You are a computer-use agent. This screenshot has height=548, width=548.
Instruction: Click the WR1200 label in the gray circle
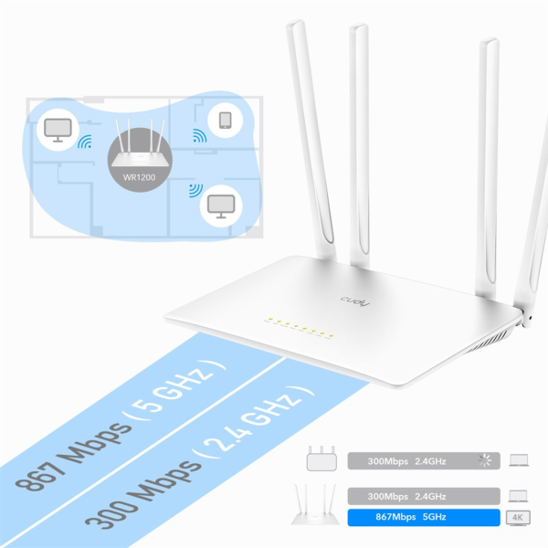point(139,177)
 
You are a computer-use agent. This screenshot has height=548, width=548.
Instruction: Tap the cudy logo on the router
point(355,301)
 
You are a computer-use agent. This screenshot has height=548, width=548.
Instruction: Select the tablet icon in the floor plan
point(225,121)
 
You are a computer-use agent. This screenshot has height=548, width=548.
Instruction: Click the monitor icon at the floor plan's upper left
point(58,130)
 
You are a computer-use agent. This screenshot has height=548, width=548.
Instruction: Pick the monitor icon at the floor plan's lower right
point(221,206)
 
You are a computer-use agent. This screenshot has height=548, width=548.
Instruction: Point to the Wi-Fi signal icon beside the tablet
point(199,135)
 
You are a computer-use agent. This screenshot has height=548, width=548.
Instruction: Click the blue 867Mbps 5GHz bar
point(424,517)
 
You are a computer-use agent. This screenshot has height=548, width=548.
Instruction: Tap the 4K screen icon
point(518,518)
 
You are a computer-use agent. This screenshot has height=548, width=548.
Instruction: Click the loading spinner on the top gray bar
point(485,460)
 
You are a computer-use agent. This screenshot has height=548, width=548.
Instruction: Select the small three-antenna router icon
point(321,458)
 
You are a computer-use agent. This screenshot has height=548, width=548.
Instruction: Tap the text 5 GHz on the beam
point(175,387)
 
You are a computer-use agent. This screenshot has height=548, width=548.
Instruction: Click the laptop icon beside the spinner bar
point(519,460)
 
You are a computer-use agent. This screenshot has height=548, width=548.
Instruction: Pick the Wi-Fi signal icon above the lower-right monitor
point(195,191)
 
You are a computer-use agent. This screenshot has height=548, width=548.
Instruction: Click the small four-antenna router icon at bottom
point(315,504)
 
